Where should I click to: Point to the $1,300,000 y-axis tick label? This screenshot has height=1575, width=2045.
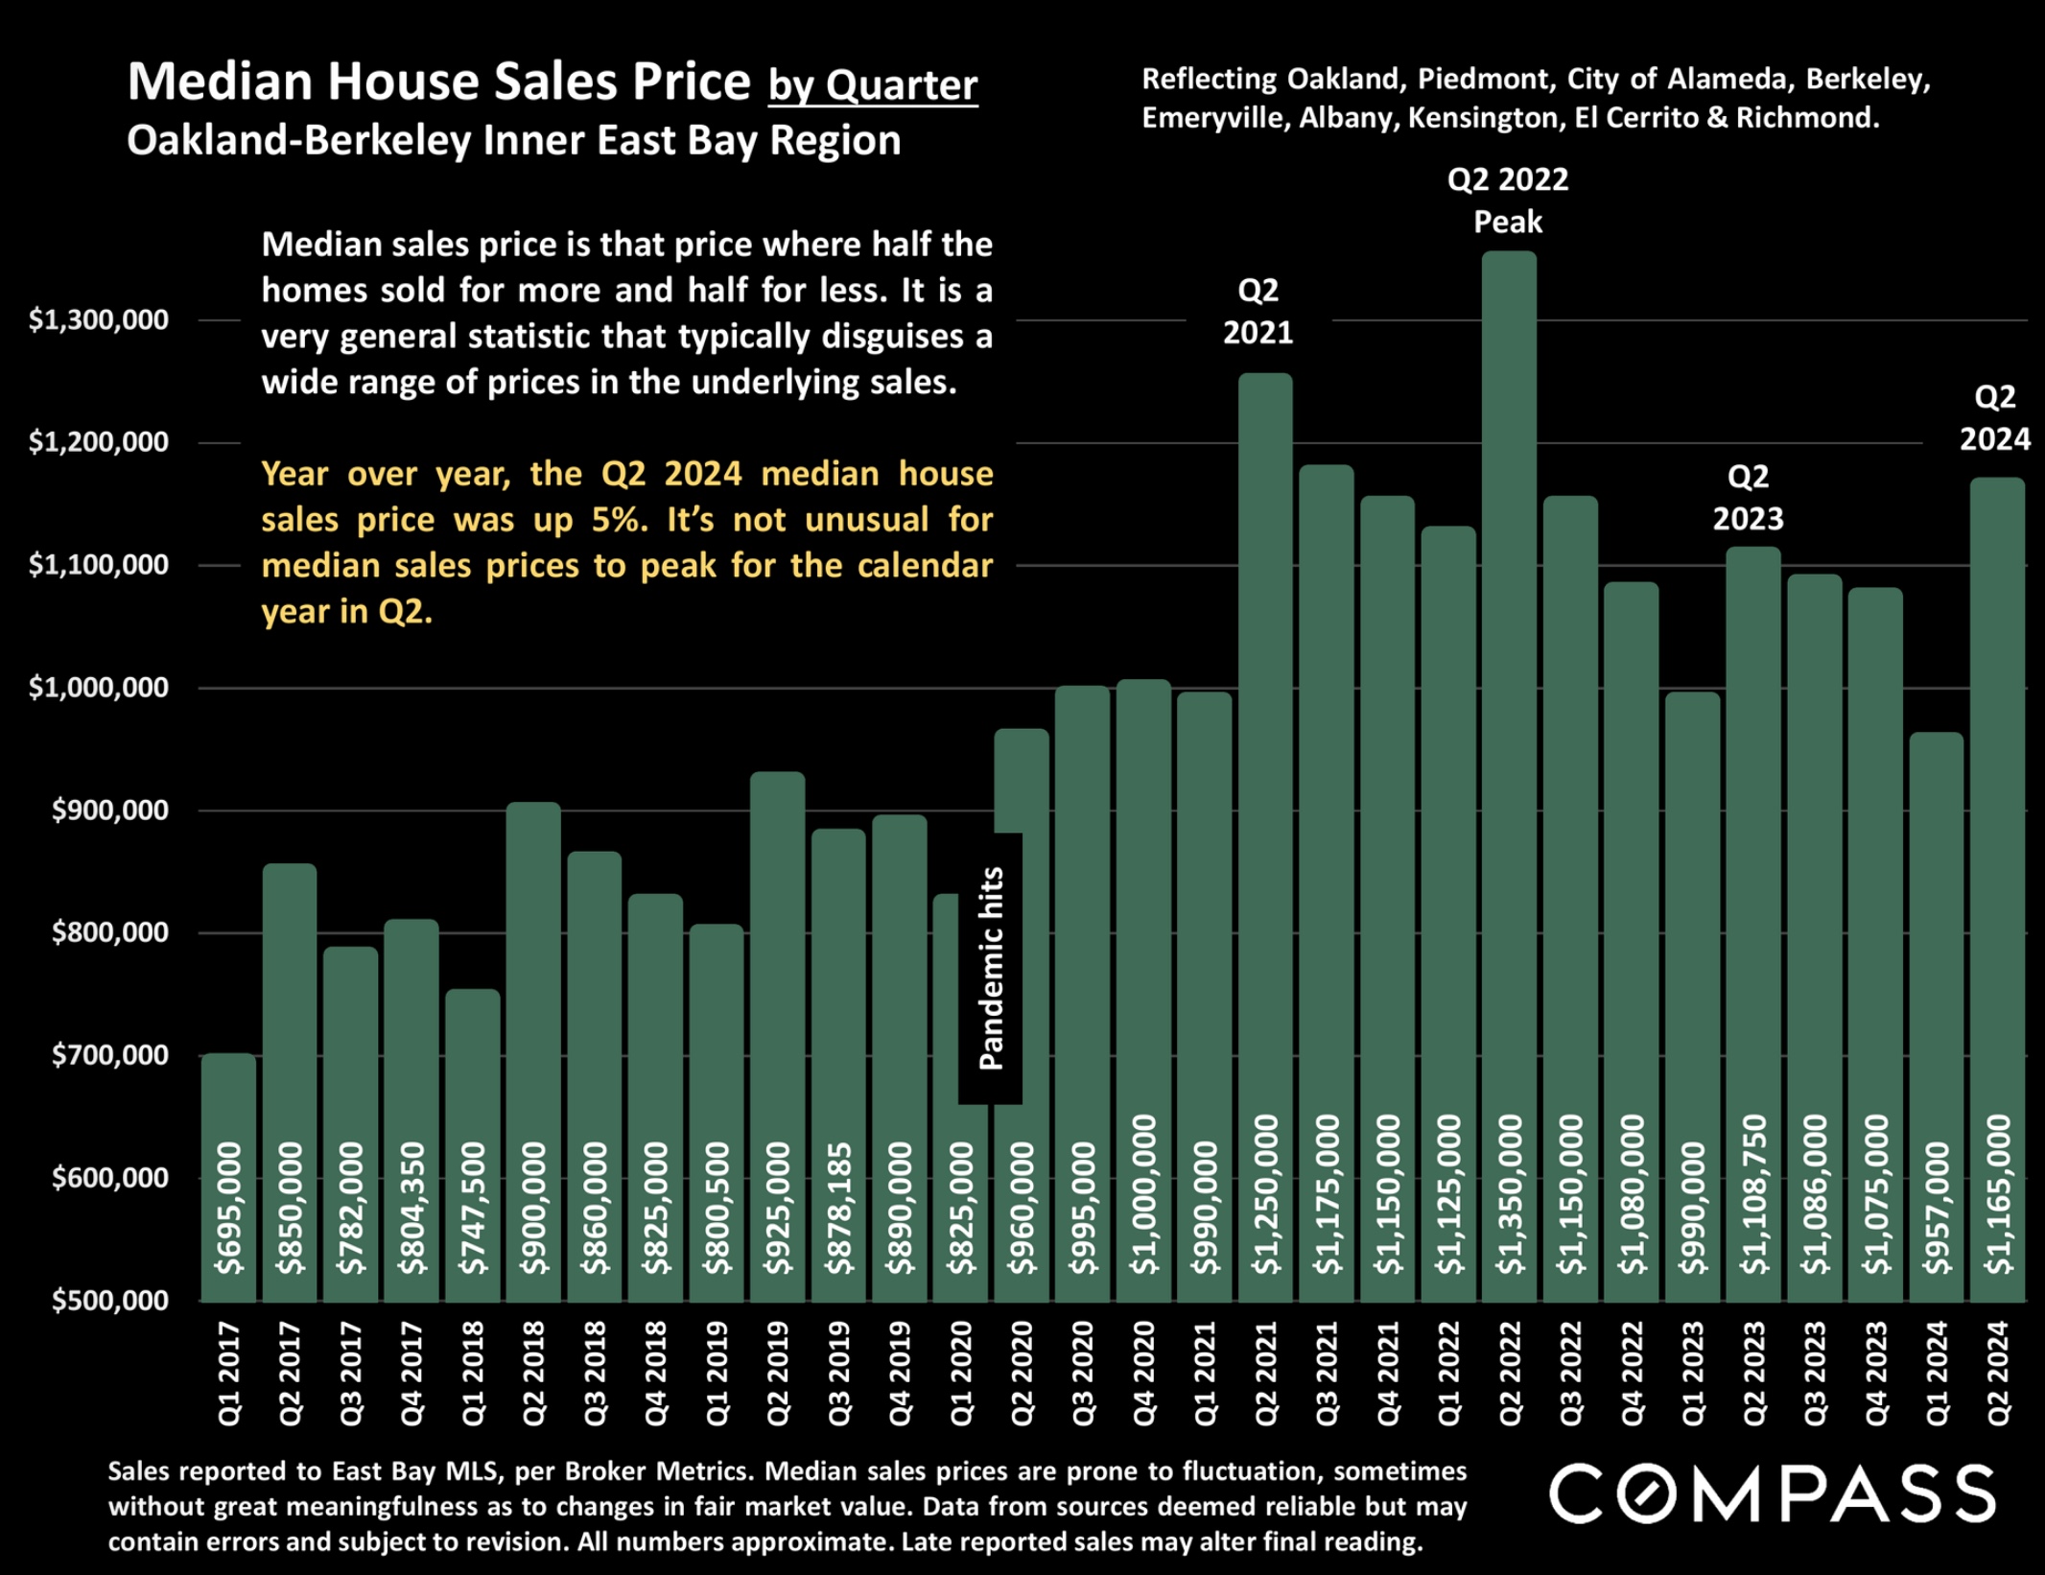tap(99, 319)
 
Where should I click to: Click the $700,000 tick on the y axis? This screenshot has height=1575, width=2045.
tap(110, 1055)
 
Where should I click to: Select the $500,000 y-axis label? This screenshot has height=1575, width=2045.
tap(110, 1301)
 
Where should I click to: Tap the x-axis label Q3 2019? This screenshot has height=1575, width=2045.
tap(839, 1373)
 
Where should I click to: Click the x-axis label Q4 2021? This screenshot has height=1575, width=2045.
tap(1388, 1373)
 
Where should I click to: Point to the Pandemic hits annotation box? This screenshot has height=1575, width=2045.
tap(990, 969)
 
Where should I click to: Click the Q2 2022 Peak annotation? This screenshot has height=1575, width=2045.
tap(1508, 200)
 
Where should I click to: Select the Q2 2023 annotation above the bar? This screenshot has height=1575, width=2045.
tap(1748, 497)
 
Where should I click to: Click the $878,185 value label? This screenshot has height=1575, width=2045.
tap(839, 1208)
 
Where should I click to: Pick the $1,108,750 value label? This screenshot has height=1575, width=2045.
tap(1754, 1194)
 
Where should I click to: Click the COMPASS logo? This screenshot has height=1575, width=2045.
tap(1772, 1493)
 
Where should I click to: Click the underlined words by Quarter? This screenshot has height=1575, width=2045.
tap(873, 85)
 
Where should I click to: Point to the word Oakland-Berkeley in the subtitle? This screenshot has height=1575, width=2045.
tap(297, 141)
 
